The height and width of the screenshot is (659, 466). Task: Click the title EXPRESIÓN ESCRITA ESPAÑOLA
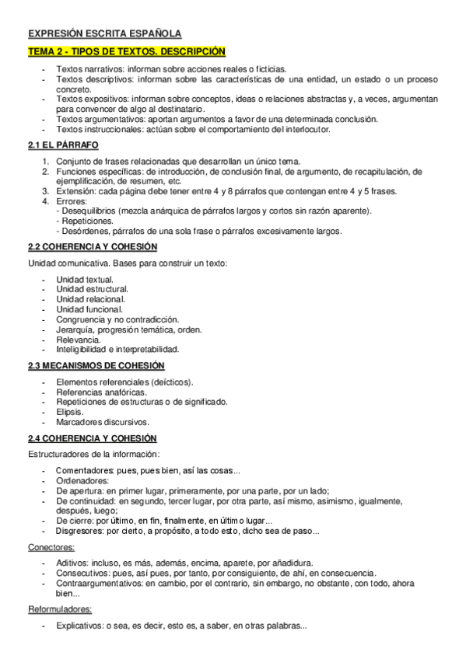pos(104,33)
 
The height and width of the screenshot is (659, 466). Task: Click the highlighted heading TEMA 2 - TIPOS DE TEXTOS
pos(127,51)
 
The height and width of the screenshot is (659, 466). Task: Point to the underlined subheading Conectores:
pos(51,547)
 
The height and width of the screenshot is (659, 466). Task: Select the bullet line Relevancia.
pos(78,340)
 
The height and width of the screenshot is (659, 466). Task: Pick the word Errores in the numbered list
pos(71,200)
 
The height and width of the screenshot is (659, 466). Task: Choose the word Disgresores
pos(79,531)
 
